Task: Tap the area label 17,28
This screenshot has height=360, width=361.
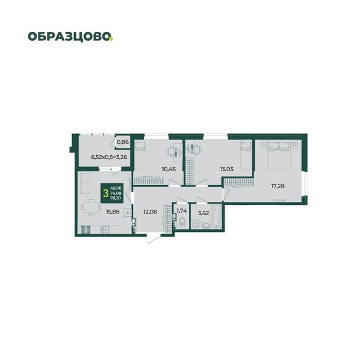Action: pos(277,186)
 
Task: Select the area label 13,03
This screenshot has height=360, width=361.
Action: pos(227,169)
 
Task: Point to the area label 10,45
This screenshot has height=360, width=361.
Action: pos(168,169)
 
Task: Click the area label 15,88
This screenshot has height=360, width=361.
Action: pos(113,212)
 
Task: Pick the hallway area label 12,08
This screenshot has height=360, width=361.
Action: pos(150,212)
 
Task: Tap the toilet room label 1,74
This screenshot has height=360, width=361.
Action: pos(182,210)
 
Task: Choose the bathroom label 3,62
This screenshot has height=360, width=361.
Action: pos(203,213)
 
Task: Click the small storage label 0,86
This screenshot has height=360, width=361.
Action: pos(123,142)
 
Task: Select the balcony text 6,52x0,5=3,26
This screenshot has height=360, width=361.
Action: pos(109,157)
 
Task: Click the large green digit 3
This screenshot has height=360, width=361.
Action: pos(106,194)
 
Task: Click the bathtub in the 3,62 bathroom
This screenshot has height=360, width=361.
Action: pos(217,217)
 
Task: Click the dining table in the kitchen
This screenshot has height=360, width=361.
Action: pos(91,207)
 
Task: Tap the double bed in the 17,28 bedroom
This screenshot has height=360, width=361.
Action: pos(279,155)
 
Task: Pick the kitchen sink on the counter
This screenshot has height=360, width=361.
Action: pos(105,230)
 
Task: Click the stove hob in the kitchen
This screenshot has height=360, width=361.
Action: pos(85,230)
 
